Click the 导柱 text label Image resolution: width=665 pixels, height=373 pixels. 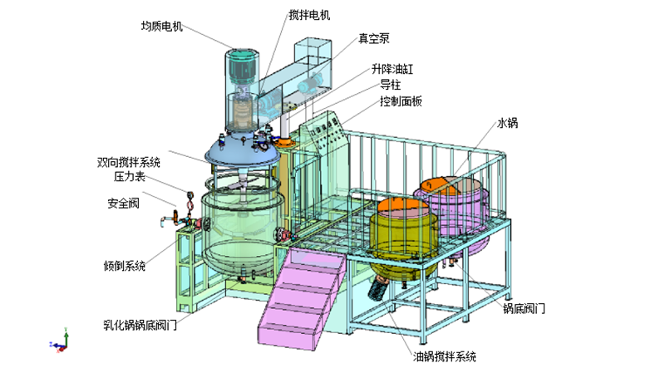[391, 85]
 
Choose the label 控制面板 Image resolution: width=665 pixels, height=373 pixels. [402, 101]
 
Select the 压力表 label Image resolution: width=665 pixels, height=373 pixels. [130, 176]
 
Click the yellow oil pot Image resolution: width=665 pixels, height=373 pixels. [404, 237]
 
